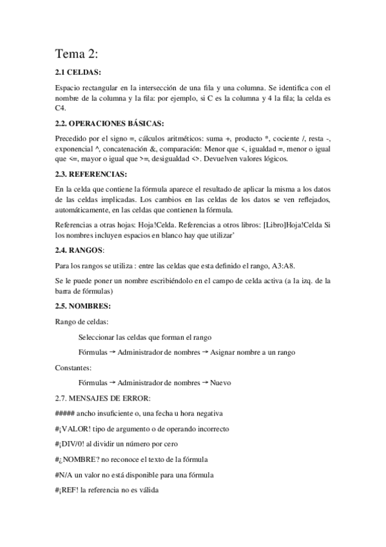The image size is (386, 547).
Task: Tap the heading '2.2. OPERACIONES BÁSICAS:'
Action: [x=109, y=123]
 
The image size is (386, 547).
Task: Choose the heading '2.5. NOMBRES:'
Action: [x=83, y=305]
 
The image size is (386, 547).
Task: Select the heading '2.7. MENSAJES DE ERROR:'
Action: [x=103, y=398]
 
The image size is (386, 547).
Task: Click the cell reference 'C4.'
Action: [x=61, y=108]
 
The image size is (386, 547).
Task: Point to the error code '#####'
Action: [x=66, y=413]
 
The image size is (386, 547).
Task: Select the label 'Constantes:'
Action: [x=73, y=367]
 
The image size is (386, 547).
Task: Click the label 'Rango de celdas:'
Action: [x=82, y=321]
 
